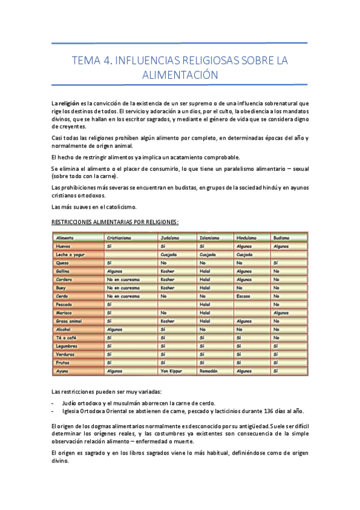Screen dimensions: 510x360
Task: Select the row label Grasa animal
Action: pos(69,321)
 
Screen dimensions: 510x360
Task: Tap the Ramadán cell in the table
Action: pos(208,372)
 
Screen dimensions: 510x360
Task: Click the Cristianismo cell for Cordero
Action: pos(123,280)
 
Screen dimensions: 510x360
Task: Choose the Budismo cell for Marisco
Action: pos(281,313)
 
